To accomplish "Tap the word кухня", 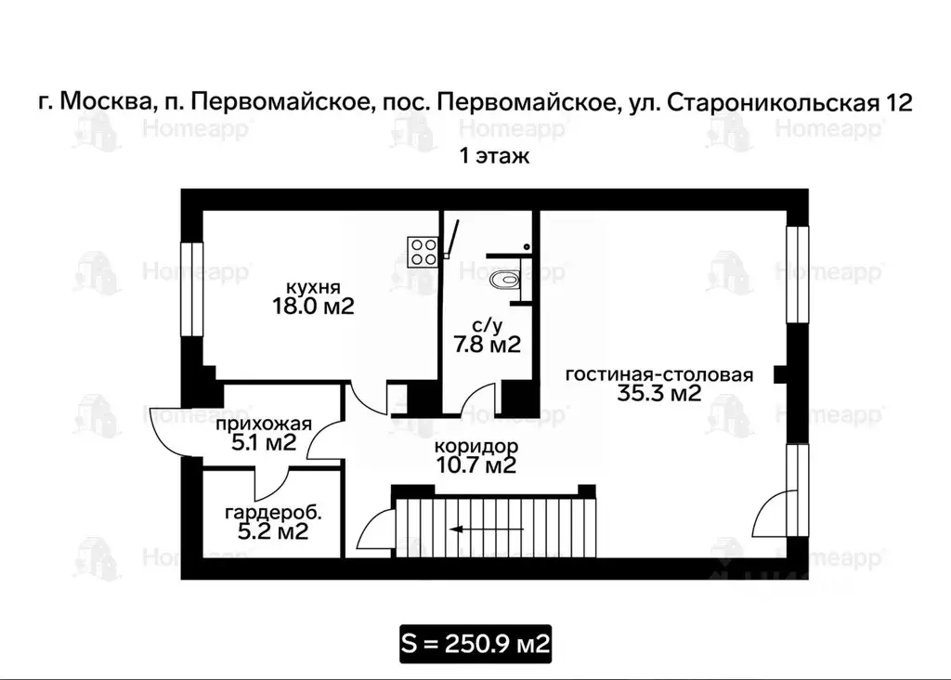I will (311, 286).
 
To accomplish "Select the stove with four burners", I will (423, 250).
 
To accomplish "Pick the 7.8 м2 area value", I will (486, 345).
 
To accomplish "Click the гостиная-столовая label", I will (658, 374).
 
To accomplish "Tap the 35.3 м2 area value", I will (658, 394).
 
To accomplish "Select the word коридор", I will (475, 446).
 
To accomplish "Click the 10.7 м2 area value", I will (475, 465).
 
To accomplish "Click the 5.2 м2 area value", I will (267, 532).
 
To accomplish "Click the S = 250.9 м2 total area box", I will (475, 643).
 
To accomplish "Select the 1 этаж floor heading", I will (494, 156).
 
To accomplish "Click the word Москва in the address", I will (101, 102).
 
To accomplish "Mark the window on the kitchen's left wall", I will (191, 289).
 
